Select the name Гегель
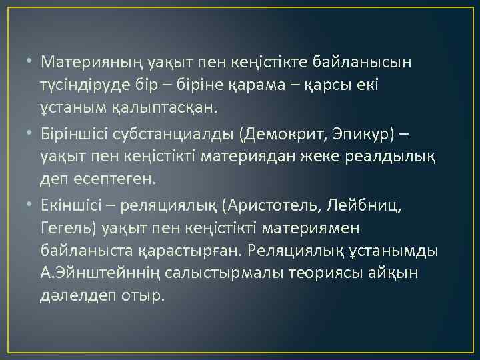pyautogui.click(x=69, y=229)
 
